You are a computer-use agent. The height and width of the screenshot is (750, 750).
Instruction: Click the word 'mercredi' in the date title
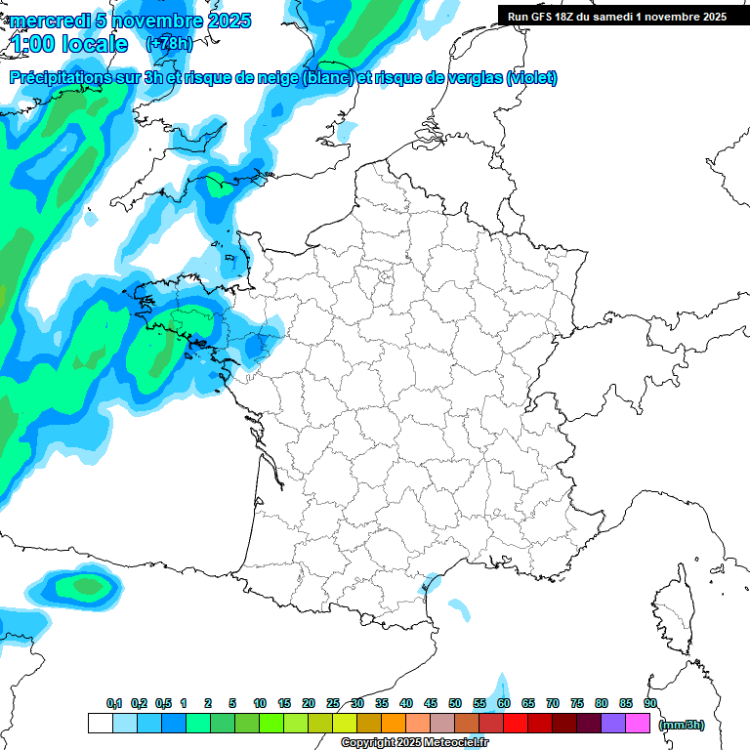point(46,21)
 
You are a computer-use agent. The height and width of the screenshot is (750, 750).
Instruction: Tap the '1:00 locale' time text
point(69,45)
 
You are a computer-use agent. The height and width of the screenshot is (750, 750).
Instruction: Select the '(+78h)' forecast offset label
point(169,44)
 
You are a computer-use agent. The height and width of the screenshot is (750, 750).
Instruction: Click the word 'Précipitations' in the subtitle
point(65,78)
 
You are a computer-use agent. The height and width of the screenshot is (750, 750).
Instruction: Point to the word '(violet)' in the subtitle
point(532,78)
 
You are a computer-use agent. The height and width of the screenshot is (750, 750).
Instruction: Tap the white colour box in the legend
point(100,724)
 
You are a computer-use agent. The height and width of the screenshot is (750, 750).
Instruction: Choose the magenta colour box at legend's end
point(638,724)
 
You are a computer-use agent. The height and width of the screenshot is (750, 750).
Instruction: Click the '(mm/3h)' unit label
point(682,725)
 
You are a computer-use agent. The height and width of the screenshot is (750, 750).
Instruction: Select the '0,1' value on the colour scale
point(114,704)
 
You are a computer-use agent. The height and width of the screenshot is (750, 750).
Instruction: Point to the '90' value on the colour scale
point(649,704)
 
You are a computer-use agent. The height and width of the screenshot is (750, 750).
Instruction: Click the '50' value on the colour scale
point(455,704)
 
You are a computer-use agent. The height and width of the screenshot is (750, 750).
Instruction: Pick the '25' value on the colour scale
point(333,704)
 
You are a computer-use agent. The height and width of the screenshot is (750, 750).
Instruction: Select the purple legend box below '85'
point(613,724)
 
